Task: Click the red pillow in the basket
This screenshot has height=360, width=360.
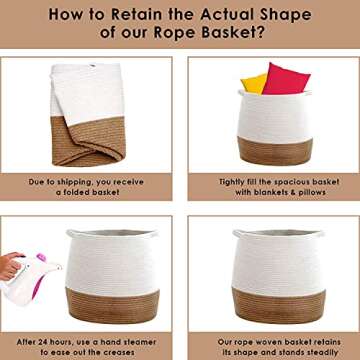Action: pos(286,79)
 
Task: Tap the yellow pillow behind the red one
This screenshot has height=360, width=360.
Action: pos(254,84)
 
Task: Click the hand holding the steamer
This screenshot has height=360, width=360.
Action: pos(11,266)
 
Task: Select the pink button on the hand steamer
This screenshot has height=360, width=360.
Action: pos(41,257)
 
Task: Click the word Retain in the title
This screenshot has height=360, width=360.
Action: pos(138,14)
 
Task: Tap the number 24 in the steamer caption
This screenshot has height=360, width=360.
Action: pos(42,342)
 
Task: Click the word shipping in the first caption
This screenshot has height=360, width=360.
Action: pos(76,182)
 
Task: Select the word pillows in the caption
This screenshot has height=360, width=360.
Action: pos(309,192)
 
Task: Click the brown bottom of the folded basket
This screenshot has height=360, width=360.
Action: pos(88,143)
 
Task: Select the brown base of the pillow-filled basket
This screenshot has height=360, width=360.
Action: pos(275,151)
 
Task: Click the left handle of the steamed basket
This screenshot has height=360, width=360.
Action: pos(71,233)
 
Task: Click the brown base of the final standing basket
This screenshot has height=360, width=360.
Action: pos(279,306)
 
